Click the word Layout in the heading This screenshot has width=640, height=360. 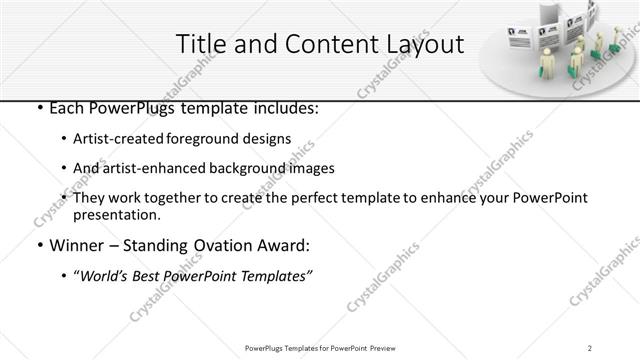click(x=422, y=44)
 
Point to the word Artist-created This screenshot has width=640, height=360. click(x=115, y=138)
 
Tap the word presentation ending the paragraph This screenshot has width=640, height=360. click(x=116, y=215)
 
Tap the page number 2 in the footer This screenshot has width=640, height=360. click(x=591, y=348)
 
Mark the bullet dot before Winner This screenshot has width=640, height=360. click(x=39, y=246)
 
